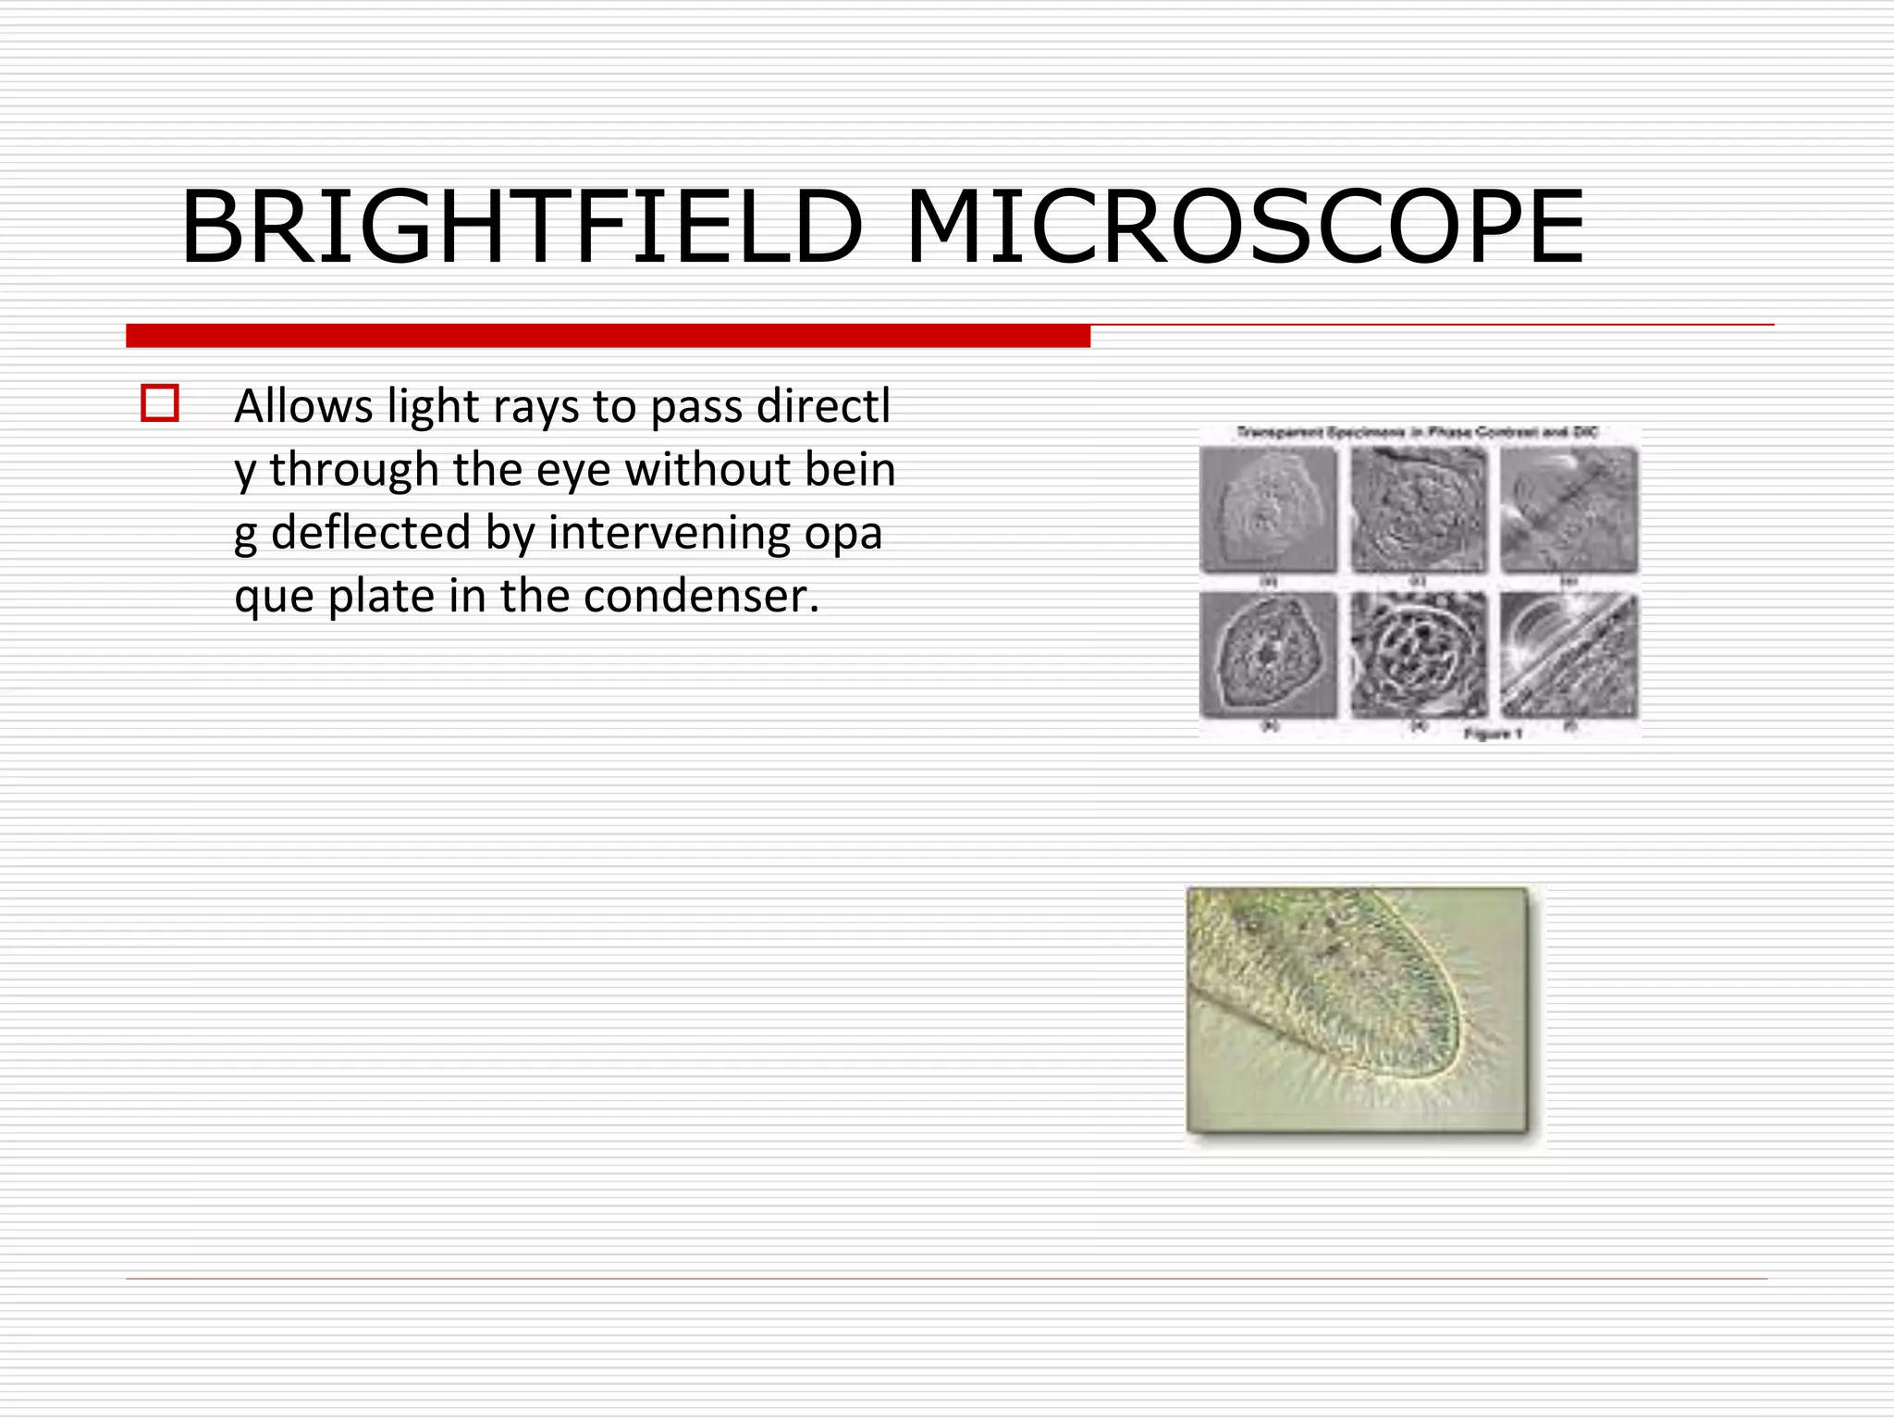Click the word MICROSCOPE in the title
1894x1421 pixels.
click(1244, 228)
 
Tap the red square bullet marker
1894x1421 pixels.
click(160, 404)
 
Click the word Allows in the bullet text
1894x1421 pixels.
click(303, 406)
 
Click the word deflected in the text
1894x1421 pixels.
click(371, 533)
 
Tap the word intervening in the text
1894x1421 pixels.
click(670, 534)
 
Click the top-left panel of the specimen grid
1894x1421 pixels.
click(1268, 510)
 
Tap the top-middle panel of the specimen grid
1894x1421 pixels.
click(1419, 510)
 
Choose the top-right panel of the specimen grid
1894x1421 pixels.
click(1568, 510)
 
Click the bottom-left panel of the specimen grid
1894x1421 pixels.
click(1268, 655)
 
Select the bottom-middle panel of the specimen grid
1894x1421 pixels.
click(1419, 655)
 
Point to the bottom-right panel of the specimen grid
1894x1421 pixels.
click(1568, 655)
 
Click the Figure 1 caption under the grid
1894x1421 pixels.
click(1493, 734)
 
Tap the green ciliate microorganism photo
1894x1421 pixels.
click(1358, 1009)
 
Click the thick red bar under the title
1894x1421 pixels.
click(608, 336)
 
